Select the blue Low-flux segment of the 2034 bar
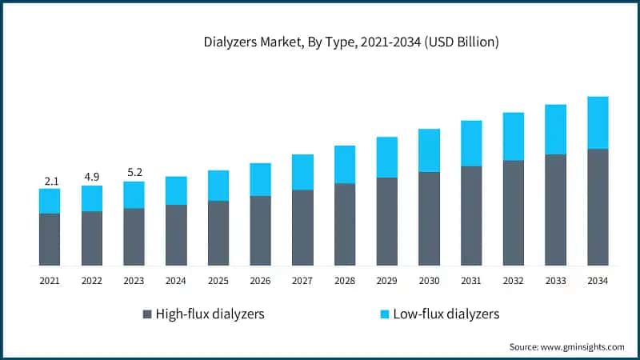[x=598, y=122]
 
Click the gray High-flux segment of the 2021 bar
[x=50, y=238]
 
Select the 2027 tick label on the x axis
[x=302, y=281]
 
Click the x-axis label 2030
[x=429, y=281]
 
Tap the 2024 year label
[x=176, y=281]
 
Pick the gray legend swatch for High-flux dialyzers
[x=146, y=314]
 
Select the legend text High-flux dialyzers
[x=210, y=314]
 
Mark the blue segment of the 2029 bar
[x=387, y=157]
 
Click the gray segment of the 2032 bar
[x=514, y=212]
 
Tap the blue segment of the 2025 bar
[x=218, y=185]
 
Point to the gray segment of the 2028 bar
[x=345, y=224]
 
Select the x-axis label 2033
[x=555, y=281]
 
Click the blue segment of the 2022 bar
[x=92, y=198]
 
